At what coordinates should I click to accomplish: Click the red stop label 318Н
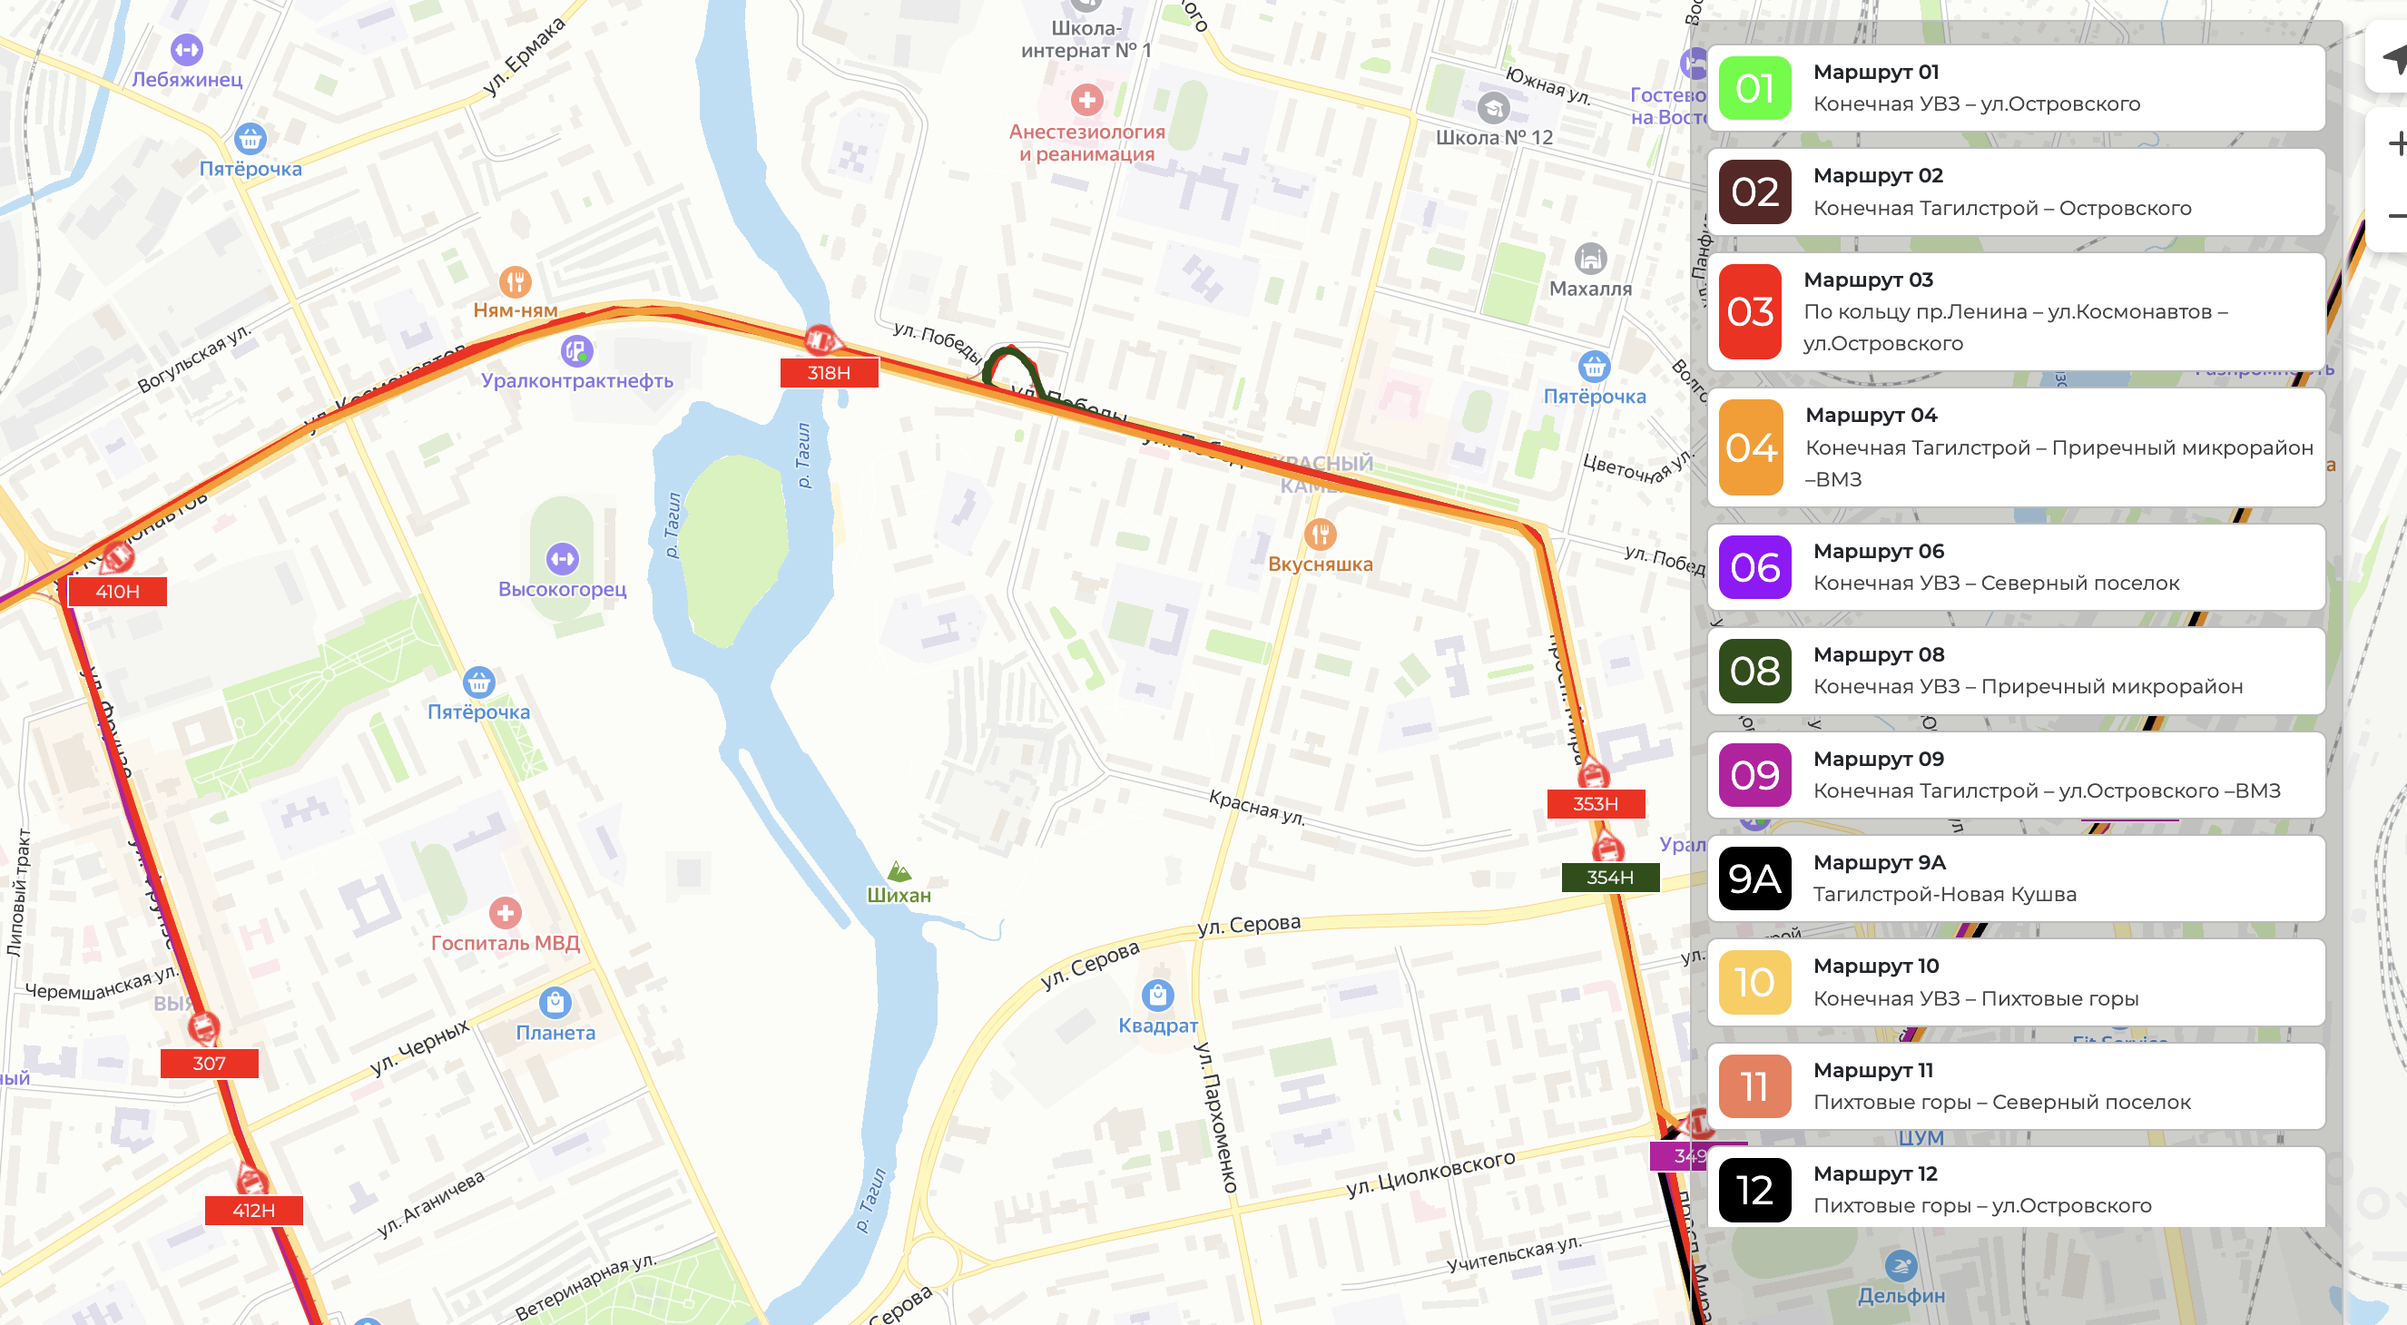(829, 373)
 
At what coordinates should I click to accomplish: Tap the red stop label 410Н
(118, 592)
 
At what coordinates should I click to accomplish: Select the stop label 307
(210, 1064)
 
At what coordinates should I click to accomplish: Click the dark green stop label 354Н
(1609, 878)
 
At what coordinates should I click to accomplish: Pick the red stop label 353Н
(1595, 803)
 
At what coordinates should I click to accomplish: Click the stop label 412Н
(253, 1210)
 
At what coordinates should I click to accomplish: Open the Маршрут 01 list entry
(2016, 88)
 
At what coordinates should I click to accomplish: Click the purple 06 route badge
(1754, 567)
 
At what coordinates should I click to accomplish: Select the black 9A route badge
(1754, 878)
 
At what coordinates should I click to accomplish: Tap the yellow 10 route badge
(1754, 982)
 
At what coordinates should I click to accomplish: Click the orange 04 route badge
(1751, 447)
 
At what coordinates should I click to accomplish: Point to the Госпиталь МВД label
(505, 943)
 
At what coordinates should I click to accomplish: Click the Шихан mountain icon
(899, 871)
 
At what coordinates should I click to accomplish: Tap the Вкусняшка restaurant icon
(1320, 535)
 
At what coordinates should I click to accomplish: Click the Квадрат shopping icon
(1157, 995)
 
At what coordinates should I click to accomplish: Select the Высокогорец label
(562, 589)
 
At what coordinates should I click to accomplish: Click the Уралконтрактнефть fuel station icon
(576, 351)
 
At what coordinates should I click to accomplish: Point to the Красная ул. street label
(1256, 807)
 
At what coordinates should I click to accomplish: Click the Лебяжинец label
(187, 80)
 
